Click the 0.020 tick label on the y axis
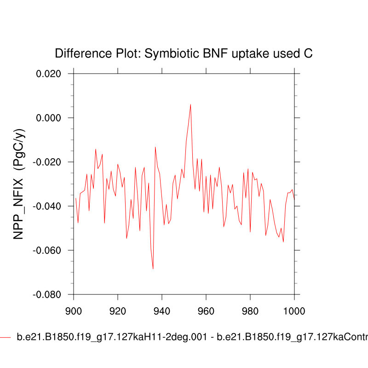[49, 74]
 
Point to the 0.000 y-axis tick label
[49, 118]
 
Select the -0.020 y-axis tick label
[47, 162]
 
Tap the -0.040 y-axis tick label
[47, 207]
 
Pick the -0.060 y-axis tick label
[47, 251]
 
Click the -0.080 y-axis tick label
[47, 295]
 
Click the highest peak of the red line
[190, 104]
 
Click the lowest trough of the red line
[153, 269]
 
